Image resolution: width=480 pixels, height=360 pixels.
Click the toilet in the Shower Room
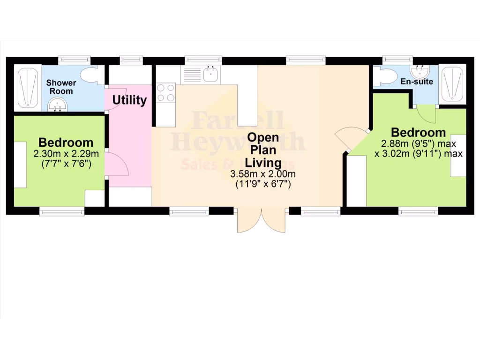90,75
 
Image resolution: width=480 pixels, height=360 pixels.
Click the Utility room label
129,100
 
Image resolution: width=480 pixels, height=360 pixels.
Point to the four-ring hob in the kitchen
165,92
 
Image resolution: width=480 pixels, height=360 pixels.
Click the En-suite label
417,82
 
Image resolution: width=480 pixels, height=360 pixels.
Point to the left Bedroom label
66,142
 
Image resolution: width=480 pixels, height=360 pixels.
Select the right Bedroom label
418,132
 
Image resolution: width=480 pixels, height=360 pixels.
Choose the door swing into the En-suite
426,112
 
